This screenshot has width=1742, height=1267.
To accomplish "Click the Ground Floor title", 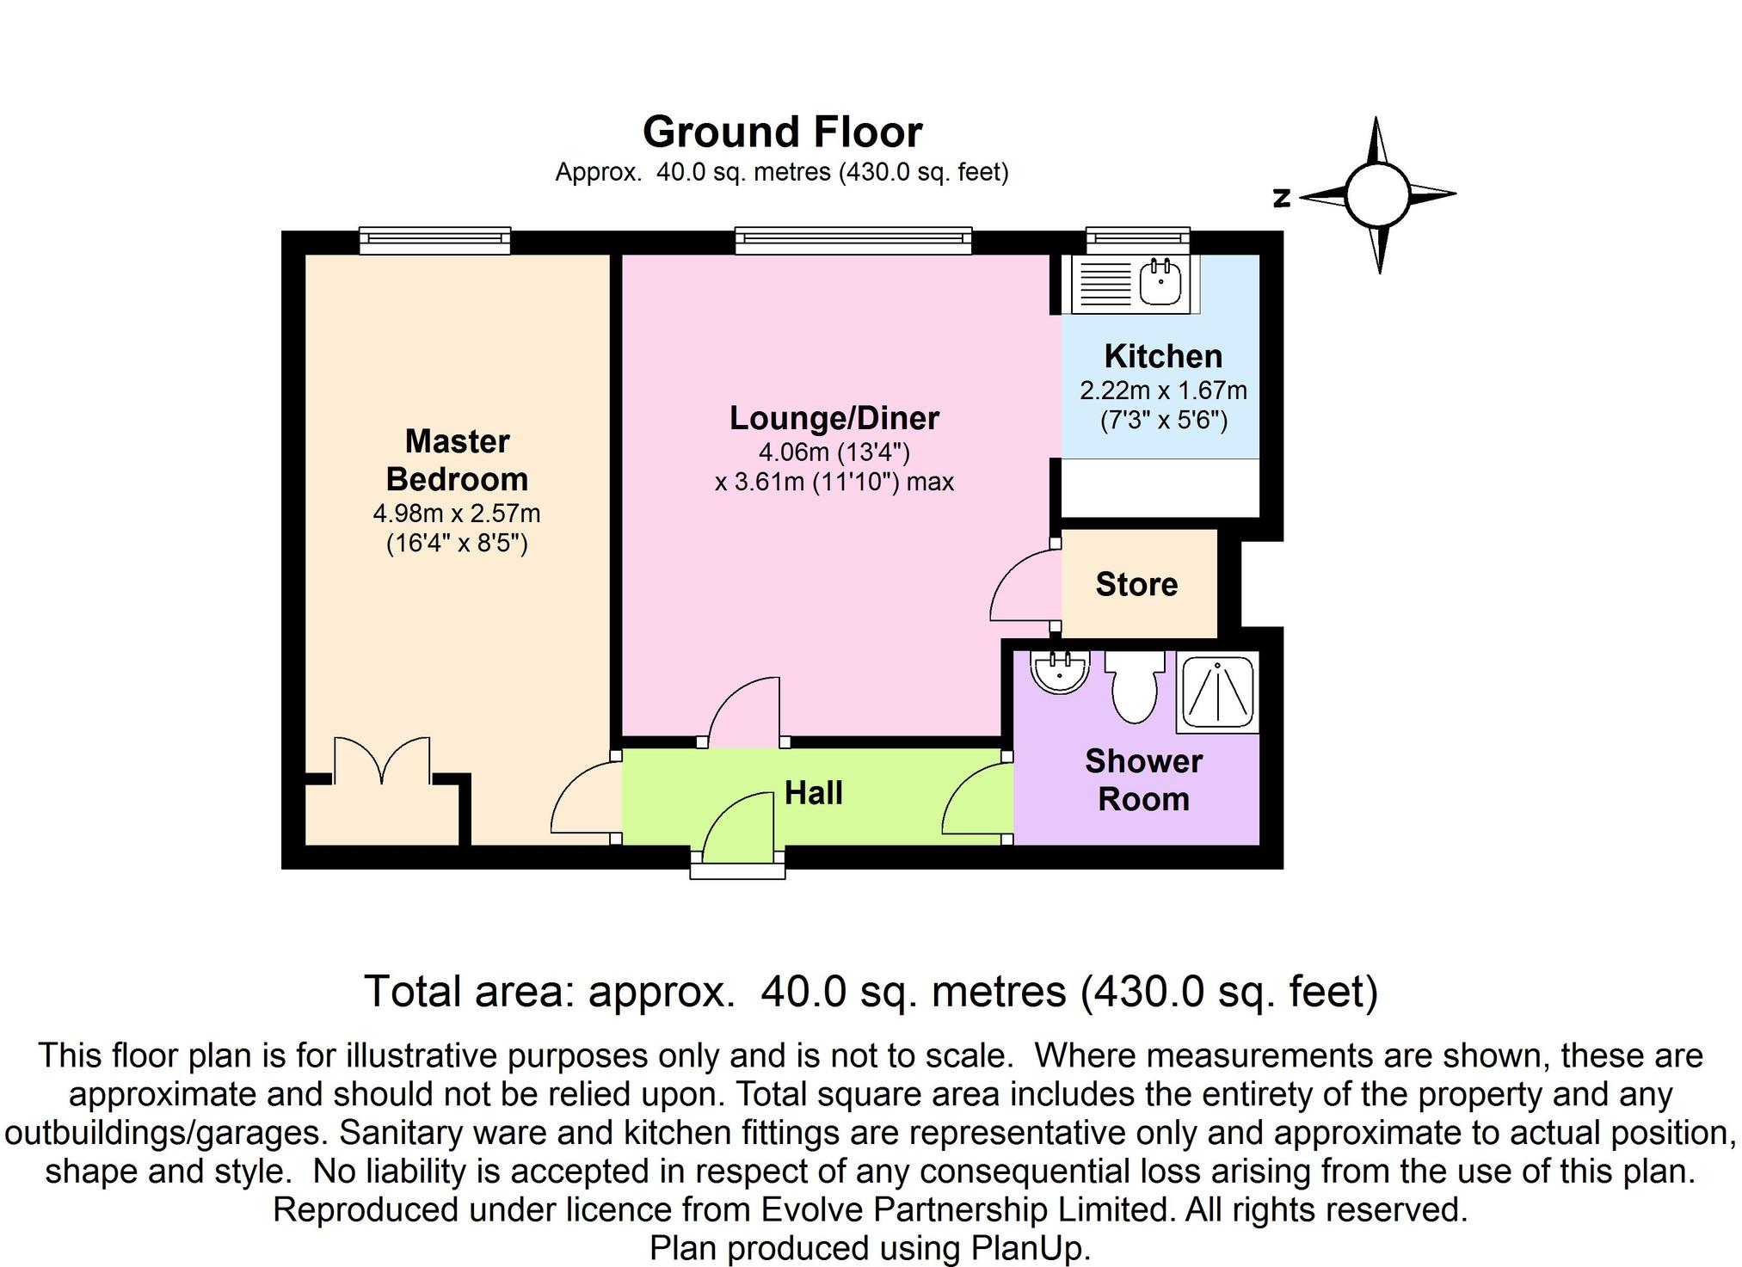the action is [x=782, y=132].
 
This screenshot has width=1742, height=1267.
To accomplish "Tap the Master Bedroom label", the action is [x=457, y=460].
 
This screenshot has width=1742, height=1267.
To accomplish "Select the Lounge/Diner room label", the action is [x=834, y=418].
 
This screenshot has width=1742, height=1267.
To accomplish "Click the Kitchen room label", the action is [x=1163, y=356].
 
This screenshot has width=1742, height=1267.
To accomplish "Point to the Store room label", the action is [x=1136, y=585].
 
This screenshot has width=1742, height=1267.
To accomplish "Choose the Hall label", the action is [x=814, y=793].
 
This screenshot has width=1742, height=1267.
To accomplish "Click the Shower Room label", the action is [x=1143, y=780].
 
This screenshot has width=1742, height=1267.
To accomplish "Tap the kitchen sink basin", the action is [x=1160, y=283].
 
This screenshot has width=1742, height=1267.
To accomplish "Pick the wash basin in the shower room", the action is [x=1061, y=672].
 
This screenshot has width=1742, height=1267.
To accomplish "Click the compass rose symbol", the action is [x=1378, y=195].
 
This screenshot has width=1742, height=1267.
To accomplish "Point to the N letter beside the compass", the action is [x=1282, y=199].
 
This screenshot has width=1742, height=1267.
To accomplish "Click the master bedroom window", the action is [x=434, y=240].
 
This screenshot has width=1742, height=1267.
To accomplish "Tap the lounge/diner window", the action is [x=853, y=240].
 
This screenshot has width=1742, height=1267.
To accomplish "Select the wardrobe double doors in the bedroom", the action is [x=382, y=760].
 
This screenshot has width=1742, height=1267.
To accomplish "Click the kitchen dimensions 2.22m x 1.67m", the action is [x=1163, y=391].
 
